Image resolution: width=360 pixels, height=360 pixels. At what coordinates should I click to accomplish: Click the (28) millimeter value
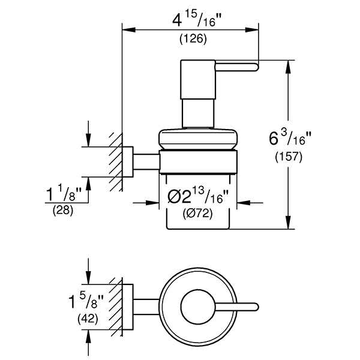click(61, 211)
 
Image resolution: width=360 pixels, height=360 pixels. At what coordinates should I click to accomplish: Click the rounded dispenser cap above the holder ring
click(199, 139)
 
